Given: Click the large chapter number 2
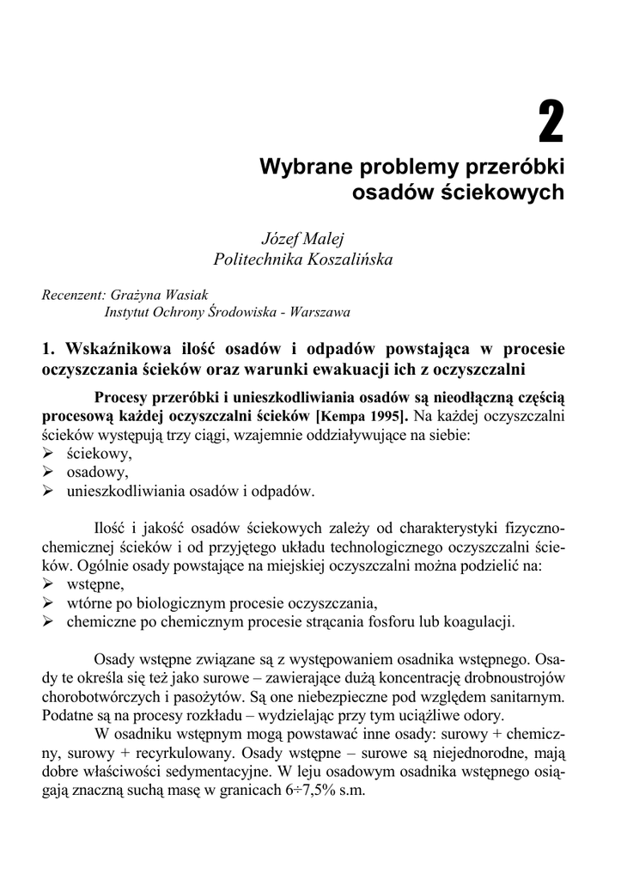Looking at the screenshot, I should click(x=551, y=123).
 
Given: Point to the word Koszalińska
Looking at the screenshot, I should click(x=346, y=258).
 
